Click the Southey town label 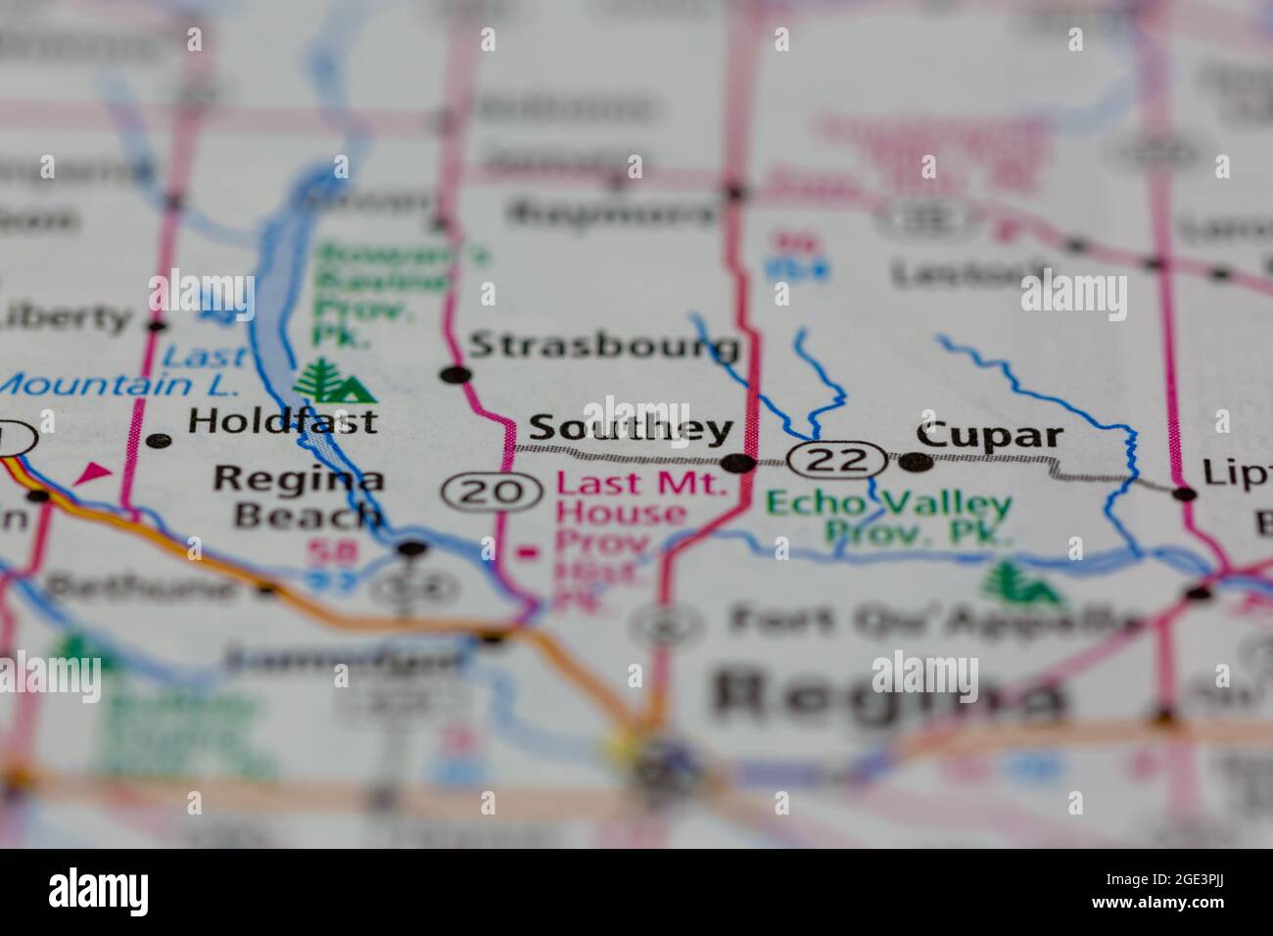(631, 429)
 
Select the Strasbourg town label (604, 346)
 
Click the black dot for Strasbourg (454, 374)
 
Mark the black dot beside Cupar (916, 461)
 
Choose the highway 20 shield (492, 491)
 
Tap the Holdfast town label (282, 422)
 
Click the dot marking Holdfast (158, 441)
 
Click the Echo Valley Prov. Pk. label (888, 517)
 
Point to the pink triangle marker (92, 475)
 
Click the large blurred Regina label (886, 692)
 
